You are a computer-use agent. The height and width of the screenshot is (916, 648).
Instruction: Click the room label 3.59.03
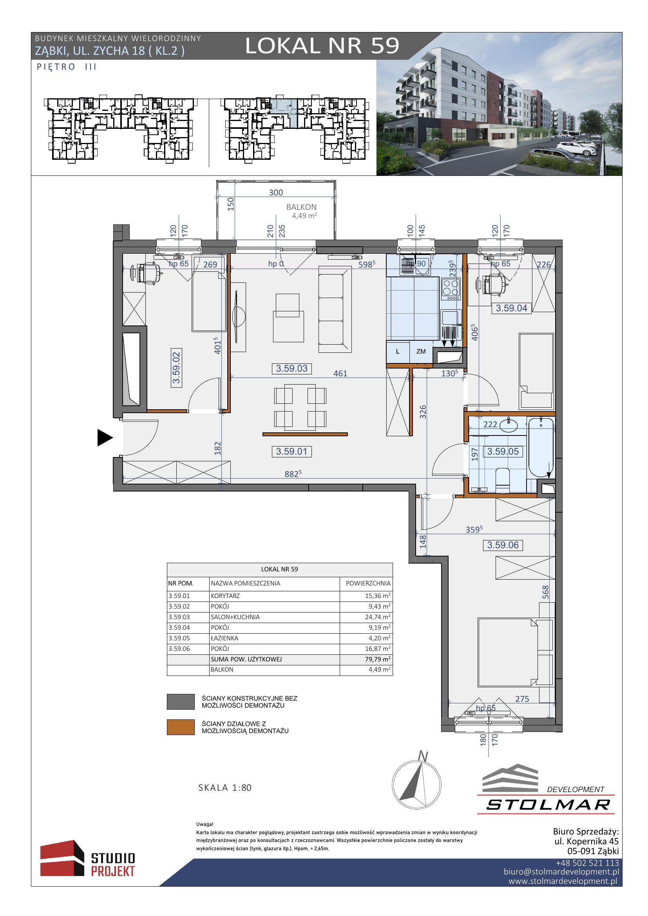coord(292,368)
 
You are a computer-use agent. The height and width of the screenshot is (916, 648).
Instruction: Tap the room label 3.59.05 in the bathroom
coord(503,451)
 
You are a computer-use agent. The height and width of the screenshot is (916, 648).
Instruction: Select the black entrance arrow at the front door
coord(105,438)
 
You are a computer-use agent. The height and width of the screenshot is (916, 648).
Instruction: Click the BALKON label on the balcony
coord(301,207)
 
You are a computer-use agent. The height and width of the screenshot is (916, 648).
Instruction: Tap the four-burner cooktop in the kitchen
coord(451,288)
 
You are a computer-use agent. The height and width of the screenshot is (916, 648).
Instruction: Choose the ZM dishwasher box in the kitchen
coord(421,351)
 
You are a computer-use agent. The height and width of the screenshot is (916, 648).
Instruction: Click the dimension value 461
coord(340,374)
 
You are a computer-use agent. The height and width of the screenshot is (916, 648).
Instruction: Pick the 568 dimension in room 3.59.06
coord(545,592)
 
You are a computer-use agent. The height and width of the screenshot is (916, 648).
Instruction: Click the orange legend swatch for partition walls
coord(180,727)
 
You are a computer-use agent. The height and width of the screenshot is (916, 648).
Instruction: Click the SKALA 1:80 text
coord(225,788)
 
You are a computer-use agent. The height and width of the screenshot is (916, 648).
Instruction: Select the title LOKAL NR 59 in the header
coord(322,45)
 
